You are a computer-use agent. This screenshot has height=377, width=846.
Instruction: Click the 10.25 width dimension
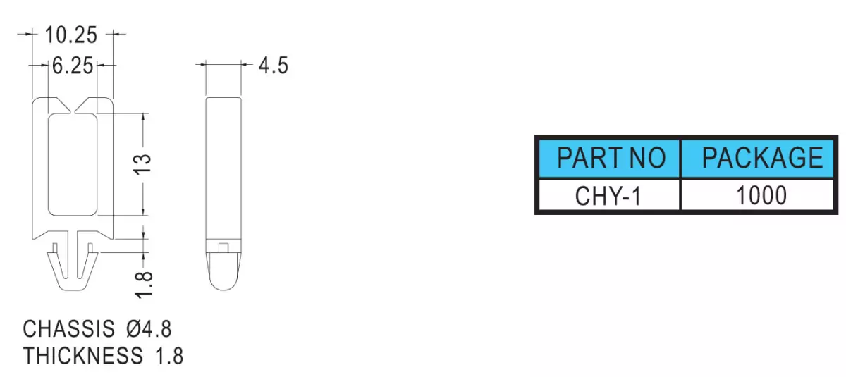(71, 35)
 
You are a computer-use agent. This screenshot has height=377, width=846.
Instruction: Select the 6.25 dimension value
(73, 66)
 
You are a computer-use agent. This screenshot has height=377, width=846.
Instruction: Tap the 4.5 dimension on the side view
(274, 66)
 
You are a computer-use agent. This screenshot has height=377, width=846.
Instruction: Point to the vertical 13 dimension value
(142, 164)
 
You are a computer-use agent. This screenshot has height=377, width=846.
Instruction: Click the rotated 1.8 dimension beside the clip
(144, 285)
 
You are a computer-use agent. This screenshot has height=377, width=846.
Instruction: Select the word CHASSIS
(68, 328)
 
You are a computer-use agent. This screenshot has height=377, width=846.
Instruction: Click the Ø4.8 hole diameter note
(149, 328)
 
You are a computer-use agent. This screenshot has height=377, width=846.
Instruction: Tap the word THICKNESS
(83, 355)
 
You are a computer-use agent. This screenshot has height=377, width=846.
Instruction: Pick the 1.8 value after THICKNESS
(169, 355)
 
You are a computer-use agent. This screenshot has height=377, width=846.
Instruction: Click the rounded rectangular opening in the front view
(49, 164)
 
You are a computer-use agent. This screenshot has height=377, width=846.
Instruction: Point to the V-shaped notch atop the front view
(73, 106)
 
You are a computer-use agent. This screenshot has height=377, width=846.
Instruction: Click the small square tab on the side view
(223, 248)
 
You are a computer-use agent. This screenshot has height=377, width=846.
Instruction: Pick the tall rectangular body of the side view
(223, 168)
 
